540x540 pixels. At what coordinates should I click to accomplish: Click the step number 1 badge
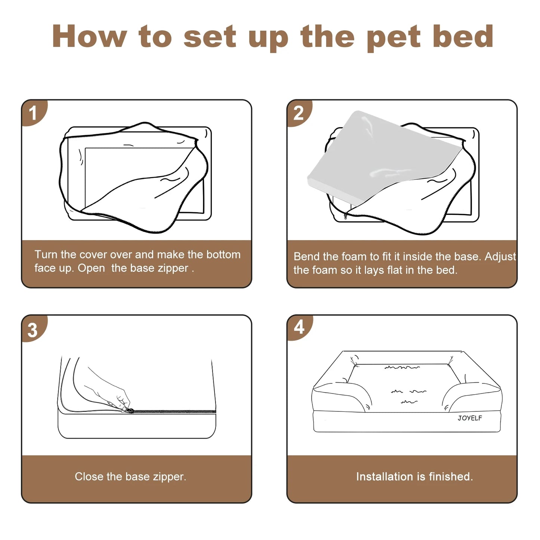click(x=33, y=113)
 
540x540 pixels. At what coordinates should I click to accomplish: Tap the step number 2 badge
click(x=298, y=113)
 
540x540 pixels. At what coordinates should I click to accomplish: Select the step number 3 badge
click(x=33, y=330)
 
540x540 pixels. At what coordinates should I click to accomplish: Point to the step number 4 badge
click(x=299, y=327)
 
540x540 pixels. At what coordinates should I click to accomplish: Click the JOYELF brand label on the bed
click(x=470, y=418)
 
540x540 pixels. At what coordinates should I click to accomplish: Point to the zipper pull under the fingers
click(x=129, y=410)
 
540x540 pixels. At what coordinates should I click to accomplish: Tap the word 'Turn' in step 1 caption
click(x=46, y=254)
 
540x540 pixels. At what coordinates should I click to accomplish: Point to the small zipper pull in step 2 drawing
click(x=346, y=216)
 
